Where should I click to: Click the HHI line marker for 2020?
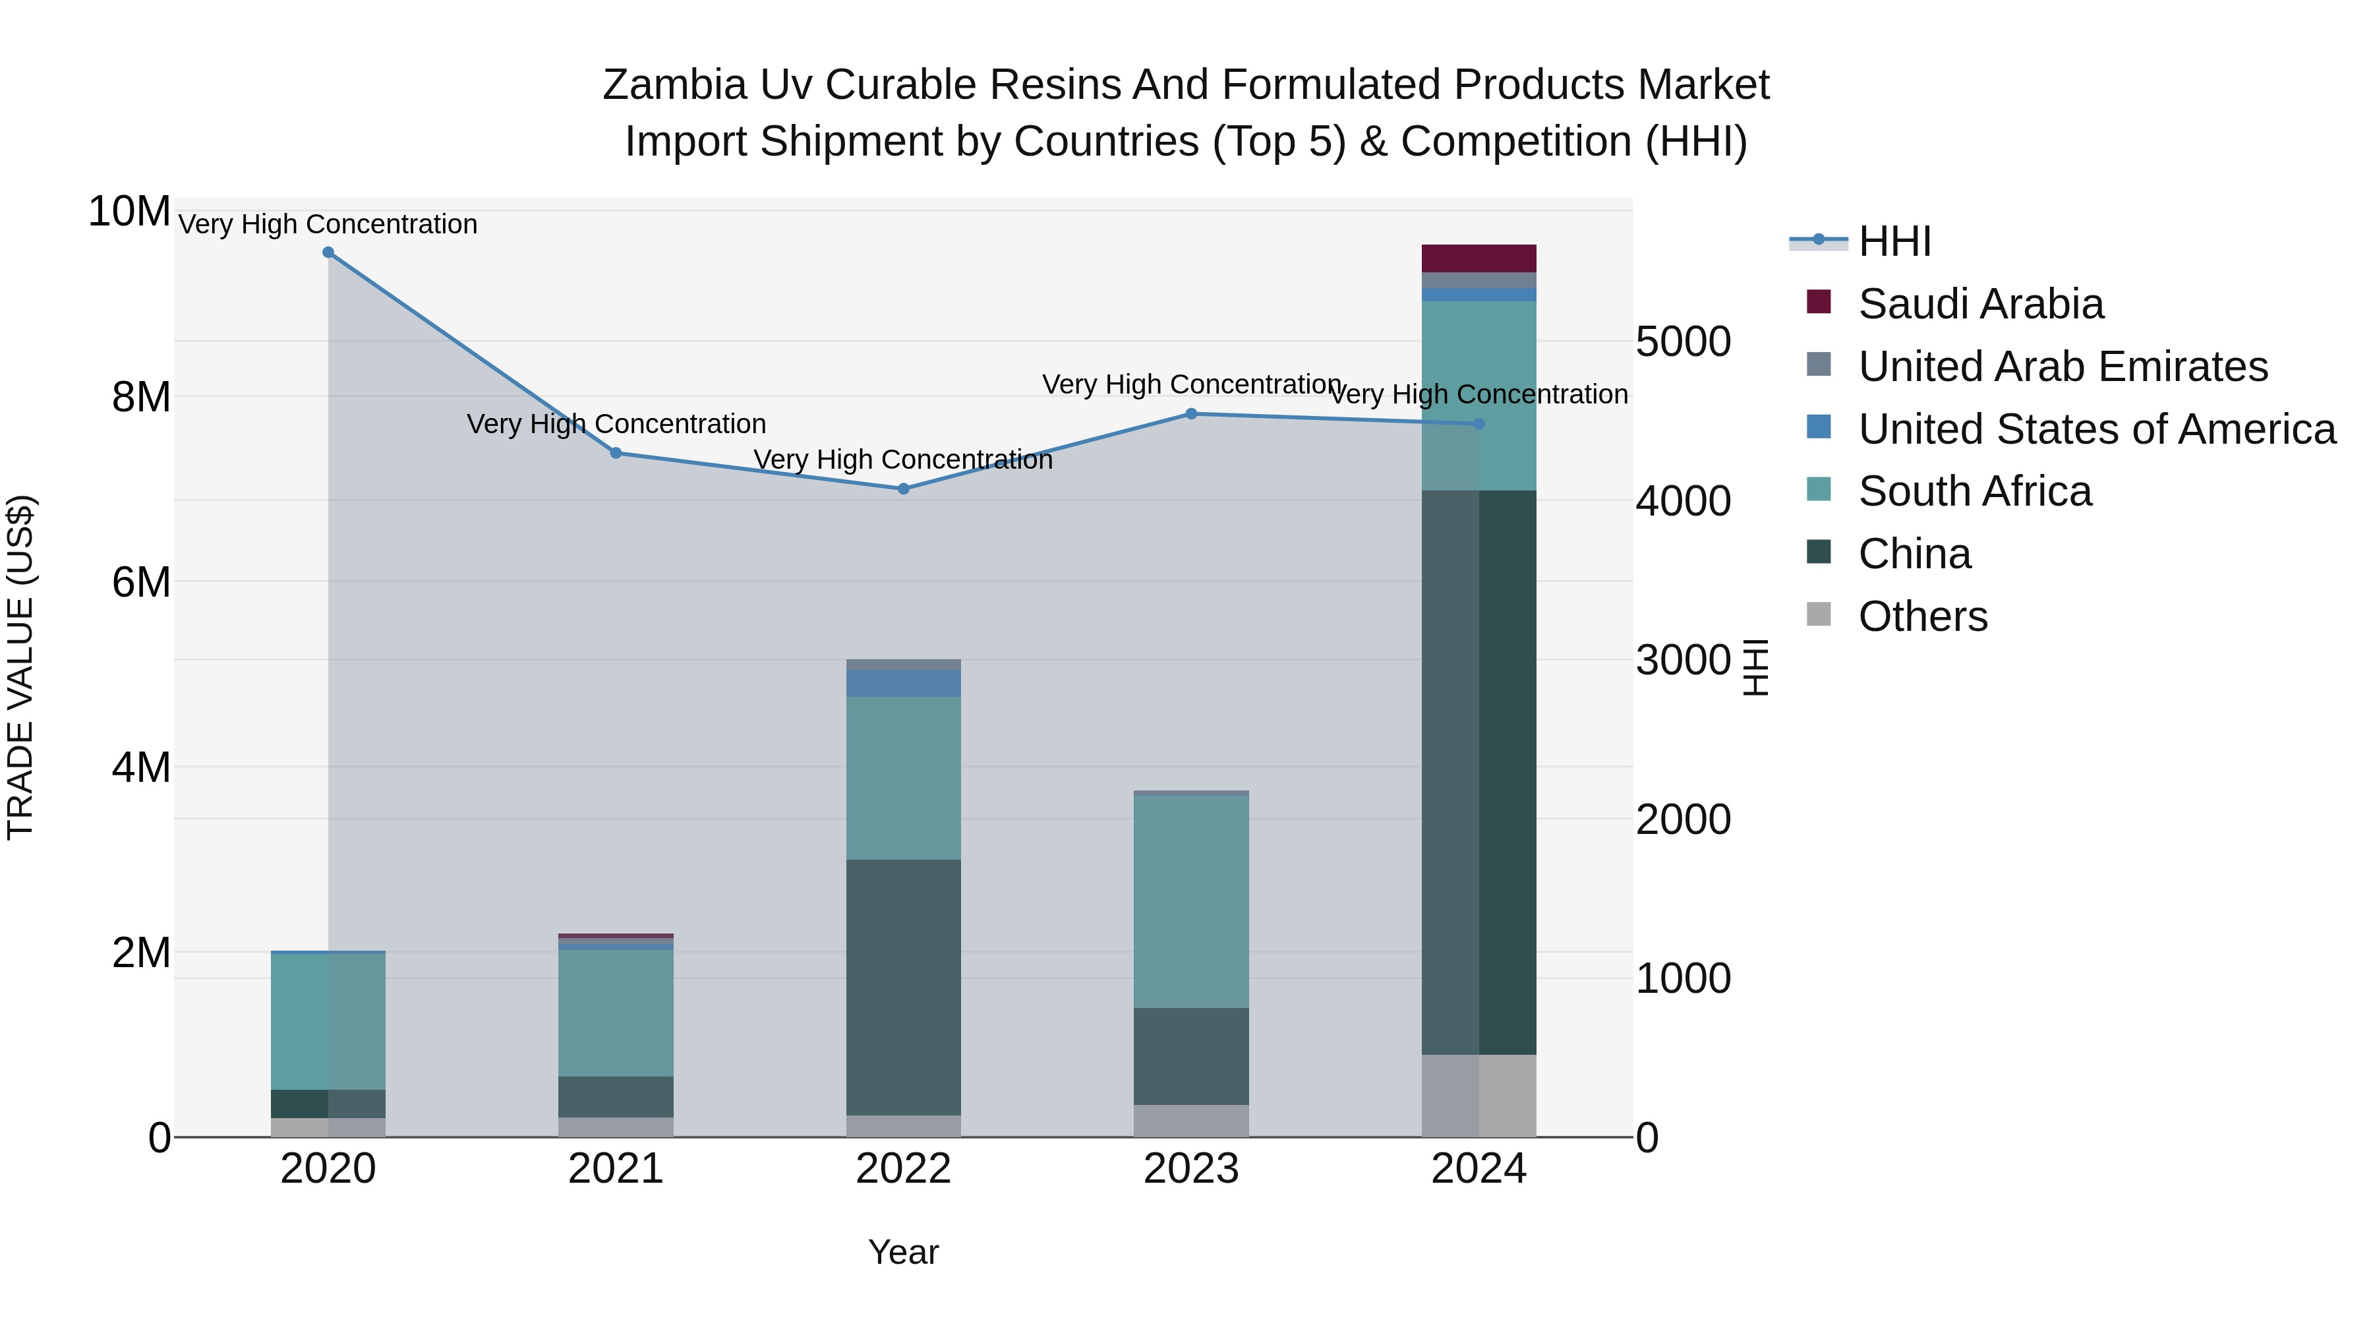coord(328,252)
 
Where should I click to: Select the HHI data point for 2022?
coord(904,489)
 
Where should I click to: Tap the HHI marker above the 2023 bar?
coord(1191,413)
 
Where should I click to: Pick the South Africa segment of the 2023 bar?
coord(1191,901)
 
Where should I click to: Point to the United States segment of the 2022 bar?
coord(904,683)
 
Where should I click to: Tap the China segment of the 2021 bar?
coord(616,1096)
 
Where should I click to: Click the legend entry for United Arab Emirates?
coord(2062,367)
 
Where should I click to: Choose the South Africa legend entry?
coord(1974,491)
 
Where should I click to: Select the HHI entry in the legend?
coord(1894,241)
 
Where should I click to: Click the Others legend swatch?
coord(1819,614)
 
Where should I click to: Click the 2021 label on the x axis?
coord(616,1169)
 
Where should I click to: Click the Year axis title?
coord(903,1252)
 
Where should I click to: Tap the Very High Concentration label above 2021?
coord(616,424)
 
